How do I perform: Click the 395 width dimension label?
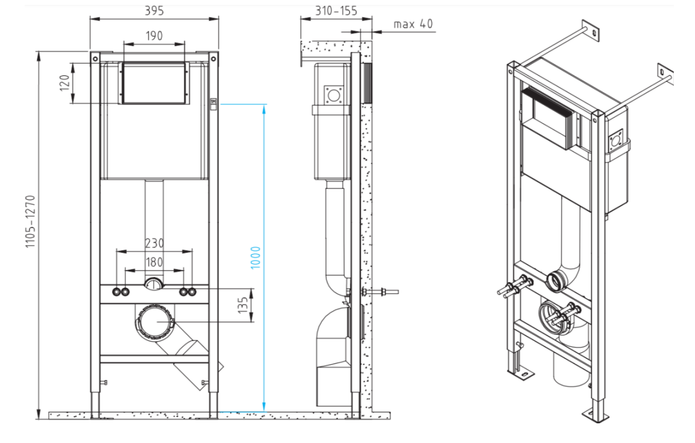pyautogui.click(x=154, y=11)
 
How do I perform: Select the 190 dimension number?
pyautogui.click(x=154, y=36)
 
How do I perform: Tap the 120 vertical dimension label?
pyautogui.click(x=64, y=83)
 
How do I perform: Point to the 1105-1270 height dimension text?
pyautogui.click(x=30, y=221)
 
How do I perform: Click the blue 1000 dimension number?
pyautogui.click(x=255, y=257)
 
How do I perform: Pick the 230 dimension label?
pyautogui.click(x=154, y=243)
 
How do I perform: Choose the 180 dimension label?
pyautogui.click(x=154, y=262)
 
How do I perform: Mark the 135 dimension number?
pyautogui.click(x=243, y=305)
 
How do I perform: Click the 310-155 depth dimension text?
pyautogui.click(x=336, y=11)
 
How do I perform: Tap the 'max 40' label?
pyautogui.click(x=413, y=24)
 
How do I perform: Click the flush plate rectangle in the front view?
pyautogui.click(x=154, y=83)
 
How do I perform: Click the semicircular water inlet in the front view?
pyautogui.click(x=153, y=284)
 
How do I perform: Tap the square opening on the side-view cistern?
pyautogui.click(x=334, y=95)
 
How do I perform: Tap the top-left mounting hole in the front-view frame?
pyautogui.click(x=94, y=59)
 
